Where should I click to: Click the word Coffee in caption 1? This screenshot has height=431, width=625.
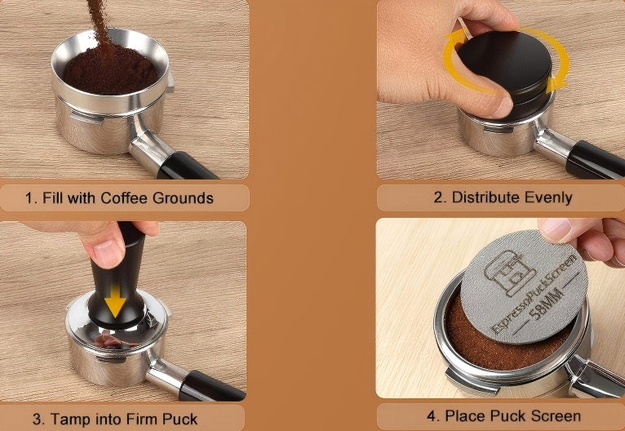click(124, 198)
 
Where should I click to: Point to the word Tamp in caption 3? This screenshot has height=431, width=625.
click(68, 420)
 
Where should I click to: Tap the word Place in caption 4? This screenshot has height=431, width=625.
click(462, 416)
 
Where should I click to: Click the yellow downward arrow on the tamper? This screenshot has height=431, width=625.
click(116, 301)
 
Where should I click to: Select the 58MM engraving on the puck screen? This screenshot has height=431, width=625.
click(548, 305)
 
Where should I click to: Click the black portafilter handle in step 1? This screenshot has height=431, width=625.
click(186, 167)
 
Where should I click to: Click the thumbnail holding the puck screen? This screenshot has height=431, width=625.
click(554, 230)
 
